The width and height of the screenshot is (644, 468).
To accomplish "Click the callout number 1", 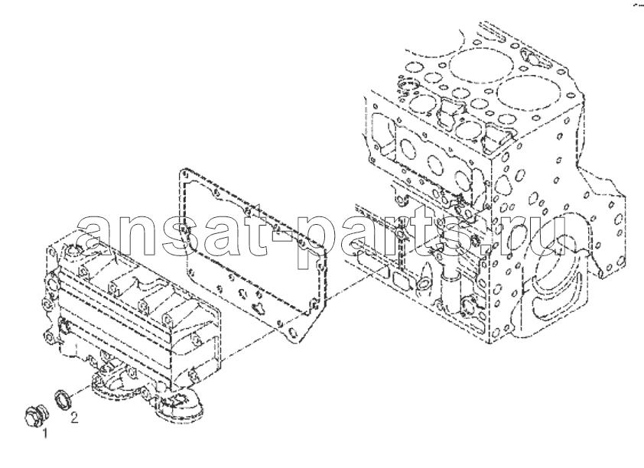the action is [x=45, y=433].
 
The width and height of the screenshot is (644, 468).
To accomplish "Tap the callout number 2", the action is [x=74, y=418].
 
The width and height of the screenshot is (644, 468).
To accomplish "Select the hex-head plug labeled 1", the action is [x=36, y=417].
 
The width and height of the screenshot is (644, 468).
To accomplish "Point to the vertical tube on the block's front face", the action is [x=447, y=288].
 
